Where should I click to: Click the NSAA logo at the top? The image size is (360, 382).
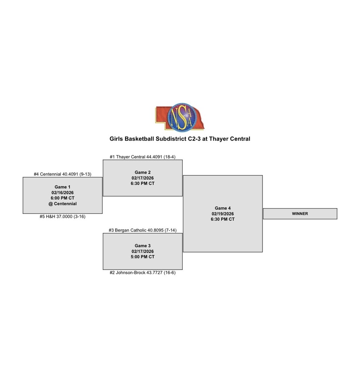click(x=180, y=117)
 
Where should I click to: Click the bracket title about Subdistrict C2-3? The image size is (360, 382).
click(x=180, y=139)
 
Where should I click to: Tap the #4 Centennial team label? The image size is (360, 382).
click(x=62, y=174)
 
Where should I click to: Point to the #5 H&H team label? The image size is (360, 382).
click(x=62, y=216)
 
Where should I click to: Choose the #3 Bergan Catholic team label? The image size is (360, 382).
click(x=142, y=230)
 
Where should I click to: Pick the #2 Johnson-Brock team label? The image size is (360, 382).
click(x=142, y=273)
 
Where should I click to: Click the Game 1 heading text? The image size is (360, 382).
click(x=62, y=187)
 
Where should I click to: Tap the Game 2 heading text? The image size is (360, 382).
click(x=143, y=172)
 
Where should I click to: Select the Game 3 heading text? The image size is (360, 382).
click(x=143, y=245)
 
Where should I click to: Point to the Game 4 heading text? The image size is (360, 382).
click(x=223, y=208)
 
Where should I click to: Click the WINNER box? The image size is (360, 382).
click(x=300, y=214)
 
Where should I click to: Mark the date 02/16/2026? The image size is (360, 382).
click(x=62, y=192)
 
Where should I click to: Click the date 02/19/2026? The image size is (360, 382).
click(x=223, y=214)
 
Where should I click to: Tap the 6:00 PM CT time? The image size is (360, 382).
click(x=62, y=198)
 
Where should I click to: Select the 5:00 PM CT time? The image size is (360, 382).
click(x=143, y=257)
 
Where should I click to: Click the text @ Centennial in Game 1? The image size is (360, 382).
click(x=62, y=204)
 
